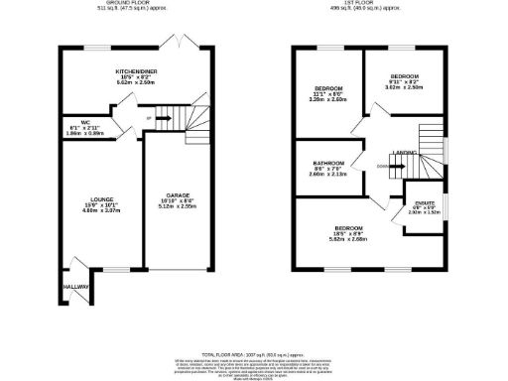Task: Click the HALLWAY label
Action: [x=74, y=287]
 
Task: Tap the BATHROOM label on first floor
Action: [x=329, y=164]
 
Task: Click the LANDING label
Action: [x=404, y=152]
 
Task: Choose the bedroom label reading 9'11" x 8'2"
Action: [x=404, y=76]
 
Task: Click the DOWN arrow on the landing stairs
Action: [x=385, y=167]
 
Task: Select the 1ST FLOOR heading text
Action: [x=366, y=4]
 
